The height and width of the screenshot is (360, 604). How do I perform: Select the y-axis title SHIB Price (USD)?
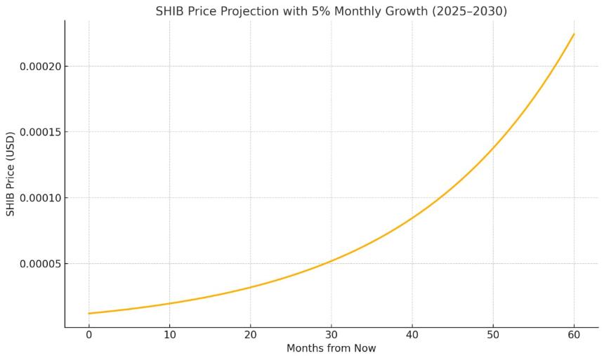coord(11,173)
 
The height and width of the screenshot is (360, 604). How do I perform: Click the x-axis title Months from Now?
coord(331,348)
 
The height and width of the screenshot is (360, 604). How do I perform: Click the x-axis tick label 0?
coord(89,335)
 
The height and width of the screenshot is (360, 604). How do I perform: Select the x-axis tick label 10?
coord(169,335)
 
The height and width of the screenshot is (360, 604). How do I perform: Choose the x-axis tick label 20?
coord(250,335)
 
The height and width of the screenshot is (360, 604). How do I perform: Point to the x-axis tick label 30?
coord(331,335)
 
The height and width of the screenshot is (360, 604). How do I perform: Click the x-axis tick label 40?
coord(412,335)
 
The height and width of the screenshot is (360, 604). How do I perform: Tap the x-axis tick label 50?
coord(493,335)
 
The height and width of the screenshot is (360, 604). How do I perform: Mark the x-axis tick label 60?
coord(574,335)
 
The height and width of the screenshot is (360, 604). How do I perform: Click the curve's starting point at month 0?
coord(89,313)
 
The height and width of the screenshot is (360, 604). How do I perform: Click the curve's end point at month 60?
coord(574,34)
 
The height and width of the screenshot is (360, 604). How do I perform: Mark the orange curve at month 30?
coord(331,261)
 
